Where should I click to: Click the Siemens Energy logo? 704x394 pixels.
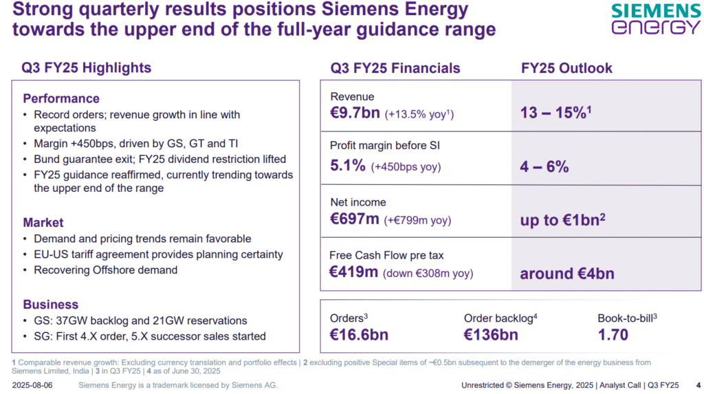coord(655,19)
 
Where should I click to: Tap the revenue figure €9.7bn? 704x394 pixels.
coord(355,112)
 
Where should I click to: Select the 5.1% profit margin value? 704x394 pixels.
coord(348,165)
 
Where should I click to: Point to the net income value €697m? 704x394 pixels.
coord(355,219)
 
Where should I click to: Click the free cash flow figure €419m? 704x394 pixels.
coord(354,272)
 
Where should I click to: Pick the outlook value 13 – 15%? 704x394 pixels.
coord(555,112)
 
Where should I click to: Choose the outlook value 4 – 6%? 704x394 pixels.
coord(544,166)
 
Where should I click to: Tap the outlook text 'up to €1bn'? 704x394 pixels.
coord(562,219)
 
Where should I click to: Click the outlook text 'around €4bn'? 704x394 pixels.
coord(567,274)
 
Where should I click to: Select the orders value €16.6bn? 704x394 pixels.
coord(359,335)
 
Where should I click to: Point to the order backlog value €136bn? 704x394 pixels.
coord(491,335)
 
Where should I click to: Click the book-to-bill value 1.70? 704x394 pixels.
coord(613,335)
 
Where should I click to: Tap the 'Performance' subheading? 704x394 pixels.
coord(61,98)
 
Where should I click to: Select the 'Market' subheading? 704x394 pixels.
coord(43,222)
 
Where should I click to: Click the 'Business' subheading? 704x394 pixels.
coord(51,304)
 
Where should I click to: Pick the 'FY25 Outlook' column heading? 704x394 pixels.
coord(566,68)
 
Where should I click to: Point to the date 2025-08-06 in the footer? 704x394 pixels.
coord(32,385)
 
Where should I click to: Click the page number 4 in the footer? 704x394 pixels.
coord(698,385)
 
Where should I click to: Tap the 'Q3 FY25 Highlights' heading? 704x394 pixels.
coord(86,67)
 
